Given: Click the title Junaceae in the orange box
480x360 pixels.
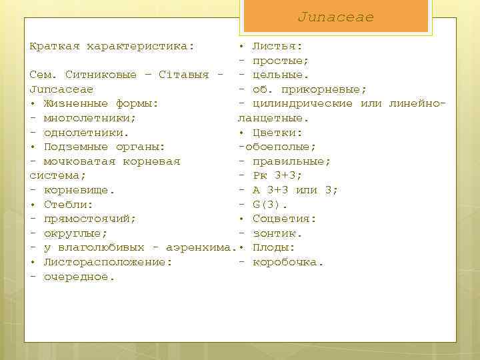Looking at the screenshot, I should [335, 17].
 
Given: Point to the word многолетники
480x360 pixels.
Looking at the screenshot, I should [90, 118].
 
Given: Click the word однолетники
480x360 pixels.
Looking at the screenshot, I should [86, 133].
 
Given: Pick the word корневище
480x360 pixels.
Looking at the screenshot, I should [79, 190].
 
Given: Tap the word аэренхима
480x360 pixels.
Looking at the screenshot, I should [198, 248].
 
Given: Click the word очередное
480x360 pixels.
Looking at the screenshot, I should [79, 277].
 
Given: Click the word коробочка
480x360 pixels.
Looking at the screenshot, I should [288, 262].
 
